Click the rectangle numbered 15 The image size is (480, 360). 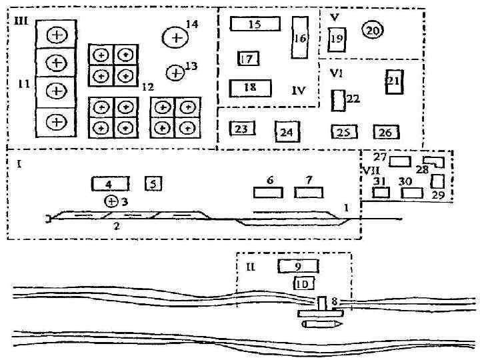coord(255,24)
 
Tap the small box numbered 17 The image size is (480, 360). coord(248,59)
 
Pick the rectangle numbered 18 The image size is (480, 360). coord(251,88)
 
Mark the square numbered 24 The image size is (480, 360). coord(287,132)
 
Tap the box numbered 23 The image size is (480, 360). coord(242,129)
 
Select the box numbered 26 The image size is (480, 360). coord(385,132)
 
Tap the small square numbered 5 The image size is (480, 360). coord(153,183)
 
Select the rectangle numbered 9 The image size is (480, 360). coord(297,266)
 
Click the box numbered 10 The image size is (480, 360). coord(303,283)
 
